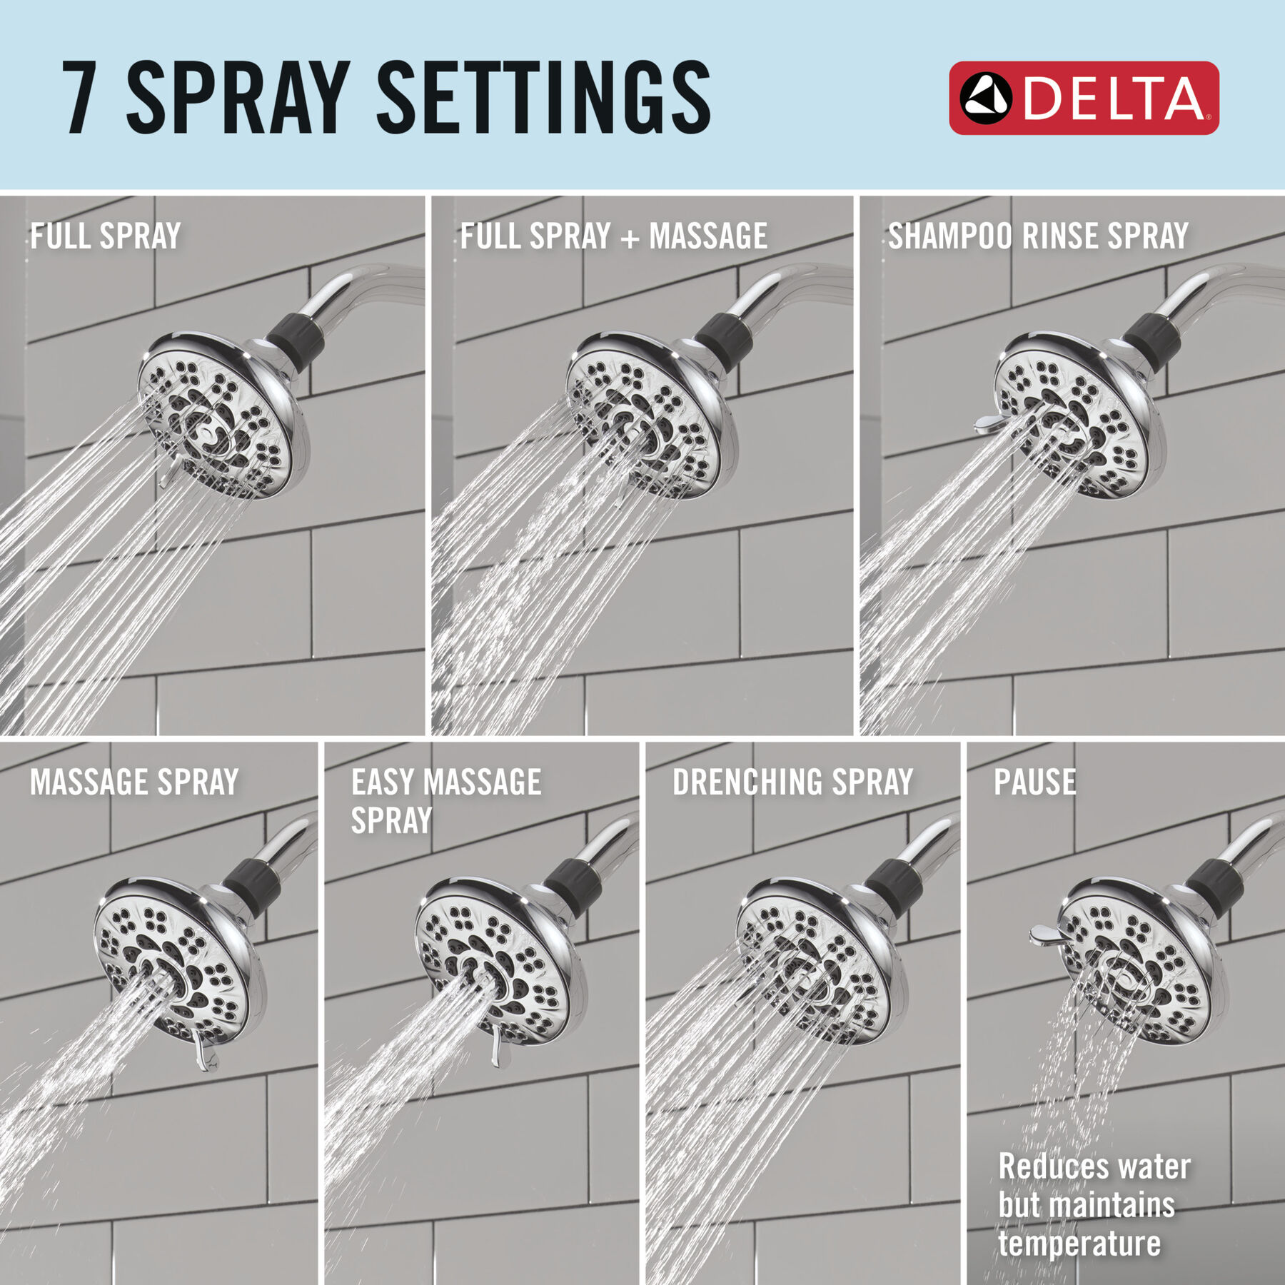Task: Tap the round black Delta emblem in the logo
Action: coord(985,99)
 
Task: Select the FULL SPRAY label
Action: coord(105,236)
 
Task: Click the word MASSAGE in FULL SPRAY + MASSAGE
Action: coord(708,236)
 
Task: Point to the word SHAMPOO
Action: coord(949,236)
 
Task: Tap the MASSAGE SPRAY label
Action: coord(134,782)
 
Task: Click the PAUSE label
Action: coord(1034,782)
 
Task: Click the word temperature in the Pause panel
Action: coord(1079,1243)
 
